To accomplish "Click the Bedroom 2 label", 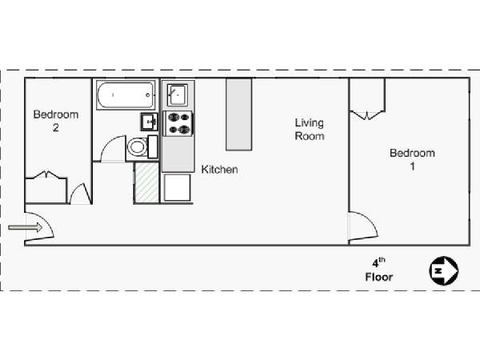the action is (x=56, y=121).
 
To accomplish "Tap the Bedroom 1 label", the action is (x=412, y=159).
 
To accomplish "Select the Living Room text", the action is (x=309, y=129).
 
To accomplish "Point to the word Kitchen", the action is (x=219, y=170).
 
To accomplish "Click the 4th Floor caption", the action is (x=379, y=270).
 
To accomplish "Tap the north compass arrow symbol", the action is (x=443, y=270).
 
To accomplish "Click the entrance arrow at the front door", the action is (x=26, y=227).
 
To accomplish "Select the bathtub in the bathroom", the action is (x=126, y=95).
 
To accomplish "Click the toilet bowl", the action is (x=137, y=147).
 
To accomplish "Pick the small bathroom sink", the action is (x=150, y=122).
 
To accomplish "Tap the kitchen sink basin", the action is (x=178, y=95).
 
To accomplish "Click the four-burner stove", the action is (x=179, y=124).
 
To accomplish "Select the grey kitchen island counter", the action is (x=238, y=114).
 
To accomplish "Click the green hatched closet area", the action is (x=146, y=182).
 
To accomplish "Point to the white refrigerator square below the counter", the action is (x=177, y=187).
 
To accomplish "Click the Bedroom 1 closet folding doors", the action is (x=367, y=114).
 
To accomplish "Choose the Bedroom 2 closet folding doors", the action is (x=46, y=174).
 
